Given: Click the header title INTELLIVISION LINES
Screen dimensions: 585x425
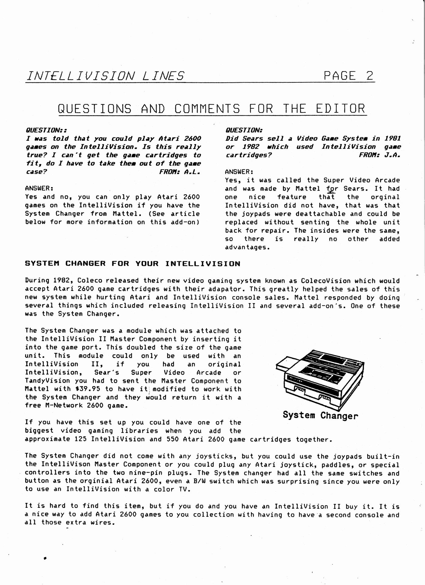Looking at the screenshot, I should click(105, 76).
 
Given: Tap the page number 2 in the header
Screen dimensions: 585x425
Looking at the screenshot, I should click(369, 75).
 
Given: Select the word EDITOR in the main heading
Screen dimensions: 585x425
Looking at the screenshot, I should click(340, 109).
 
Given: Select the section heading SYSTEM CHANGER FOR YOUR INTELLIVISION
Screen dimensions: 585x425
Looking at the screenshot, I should click(132, 263).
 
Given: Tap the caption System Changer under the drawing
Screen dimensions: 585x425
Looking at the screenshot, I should click(320, 415).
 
